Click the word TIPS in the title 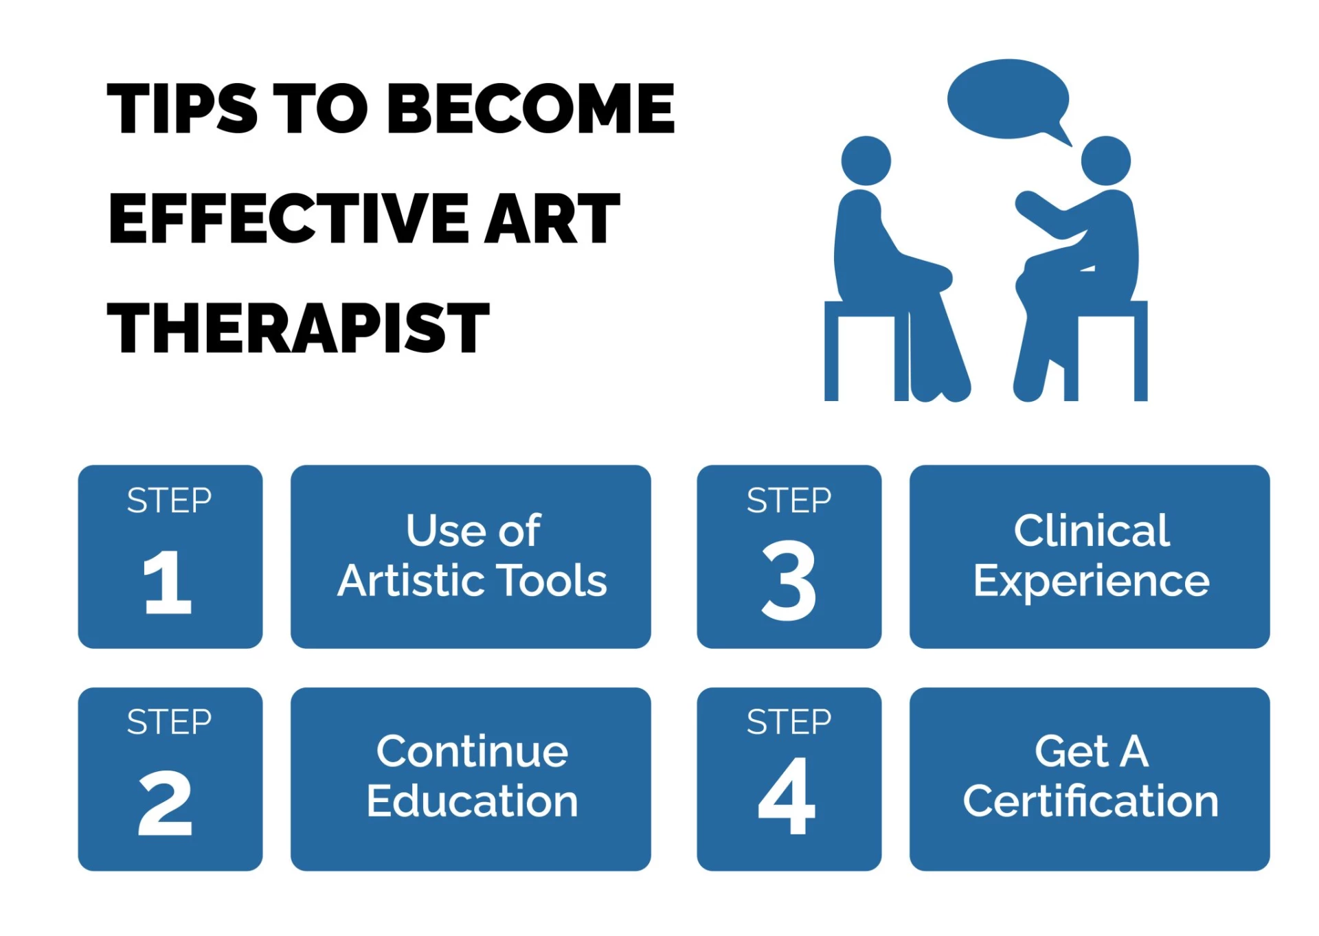click(182, 109)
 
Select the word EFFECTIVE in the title click(289, 218)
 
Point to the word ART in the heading click(552, 218)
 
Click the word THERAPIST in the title click(298, 328)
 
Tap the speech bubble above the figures click(1008, 100)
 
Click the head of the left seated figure click(866, 161)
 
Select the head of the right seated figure click(1105, 161)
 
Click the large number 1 click(167, 582)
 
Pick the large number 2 click(165, 803)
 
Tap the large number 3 click(789, 581)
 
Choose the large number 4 click(787, 797)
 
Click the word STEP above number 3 click(789, 501)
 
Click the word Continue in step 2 click(472, 751)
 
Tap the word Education click(472, 801)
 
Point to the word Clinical click(1091, 531)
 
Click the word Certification click(1090, 801)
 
